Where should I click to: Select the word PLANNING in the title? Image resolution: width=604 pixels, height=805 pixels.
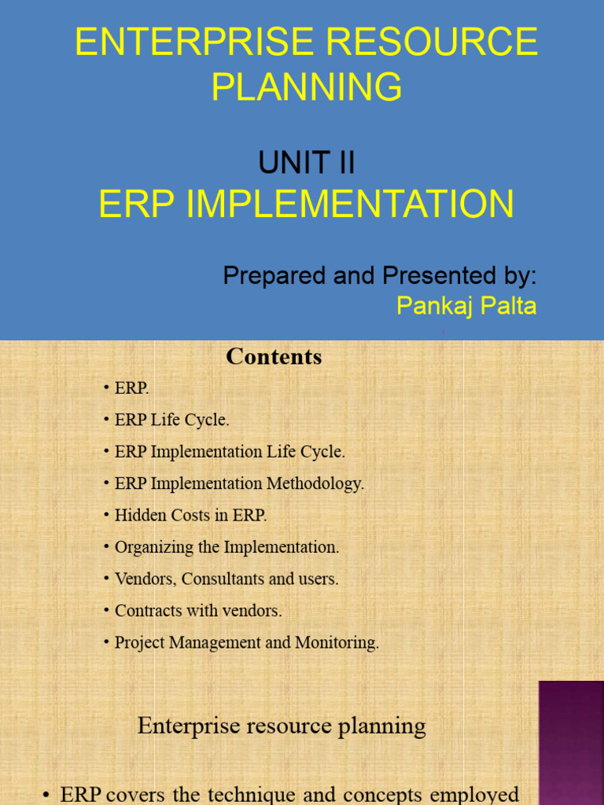pyautogui.click(x=307, y=87)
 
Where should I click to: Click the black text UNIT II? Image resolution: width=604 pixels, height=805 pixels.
pyautogui.click(x=307, y=164)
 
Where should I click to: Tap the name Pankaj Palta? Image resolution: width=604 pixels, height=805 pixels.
pyautogui.click(x=466, y=306)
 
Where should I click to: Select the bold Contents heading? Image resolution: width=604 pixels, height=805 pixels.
pyautogui.click(x=274, y=357)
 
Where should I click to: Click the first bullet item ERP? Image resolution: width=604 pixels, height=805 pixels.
pyautogui.click(x=131, y=388)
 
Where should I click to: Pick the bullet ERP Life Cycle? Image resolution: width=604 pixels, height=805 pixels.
pyautogui.click(x=171, y=420)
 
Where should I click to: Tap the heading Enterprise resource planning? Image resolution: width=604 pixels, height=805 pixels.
pyautogui.click(x=282, y=726)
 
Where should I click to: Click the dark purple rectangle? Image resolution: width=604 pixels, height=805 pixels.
pyautogui.click(x=571, y=742)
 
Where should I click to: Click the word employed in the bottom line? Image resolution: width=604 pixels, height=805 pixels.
pyautogui.click(x=479, y=794)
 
